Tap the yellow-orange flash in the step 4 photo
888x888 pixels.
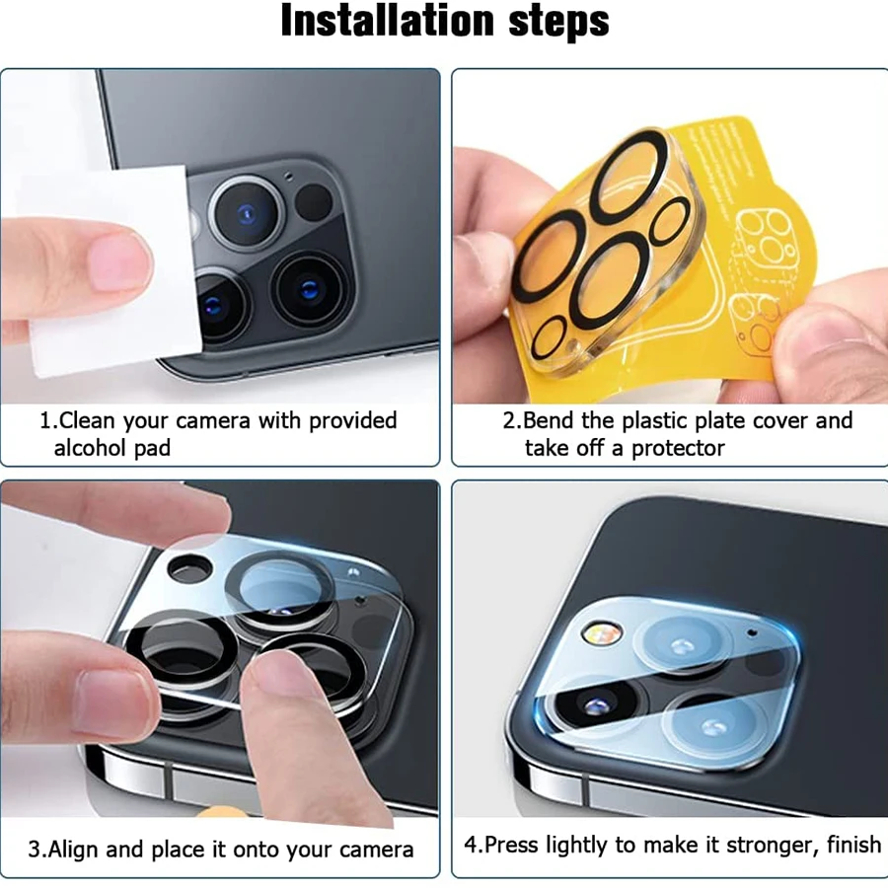pos(594,630)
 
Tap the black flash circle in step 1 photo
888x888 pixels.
pos(314,202)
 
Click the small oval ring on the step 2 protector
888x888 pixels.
pos(670,220)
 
